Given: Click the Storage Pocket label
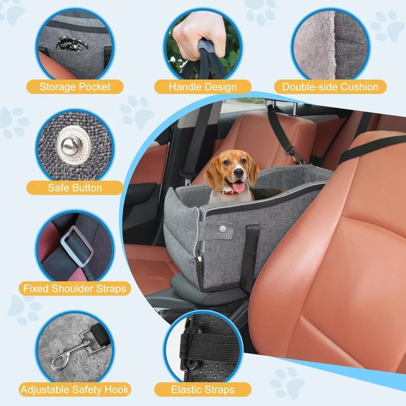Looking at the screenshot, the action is coord(75,87).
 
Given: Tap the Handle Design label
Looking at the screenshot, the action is coord(203,87).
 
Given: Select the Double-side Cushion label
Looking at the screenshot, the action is coord(330,87).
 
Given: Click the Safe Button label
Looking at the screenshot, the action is coord(75,188).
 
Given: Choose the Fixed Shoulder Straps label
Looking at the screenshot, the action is coord(75,288).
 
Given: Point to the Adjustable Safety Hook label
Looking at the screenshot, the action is coord(75,389).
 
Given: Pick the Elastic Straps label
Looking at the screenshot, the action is coord(203,389).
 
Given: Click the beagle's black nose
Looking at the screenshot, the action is coord(238,173).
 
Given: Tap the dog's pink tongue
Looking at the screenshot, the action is coord(238,186).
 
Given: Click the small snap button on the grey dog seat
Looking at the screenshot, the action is coord(222,228).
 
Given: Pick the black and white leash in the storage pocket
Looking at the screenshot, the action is coord(71,43).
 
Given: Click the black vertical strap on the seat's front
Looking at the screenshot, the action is coord(250,259).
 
